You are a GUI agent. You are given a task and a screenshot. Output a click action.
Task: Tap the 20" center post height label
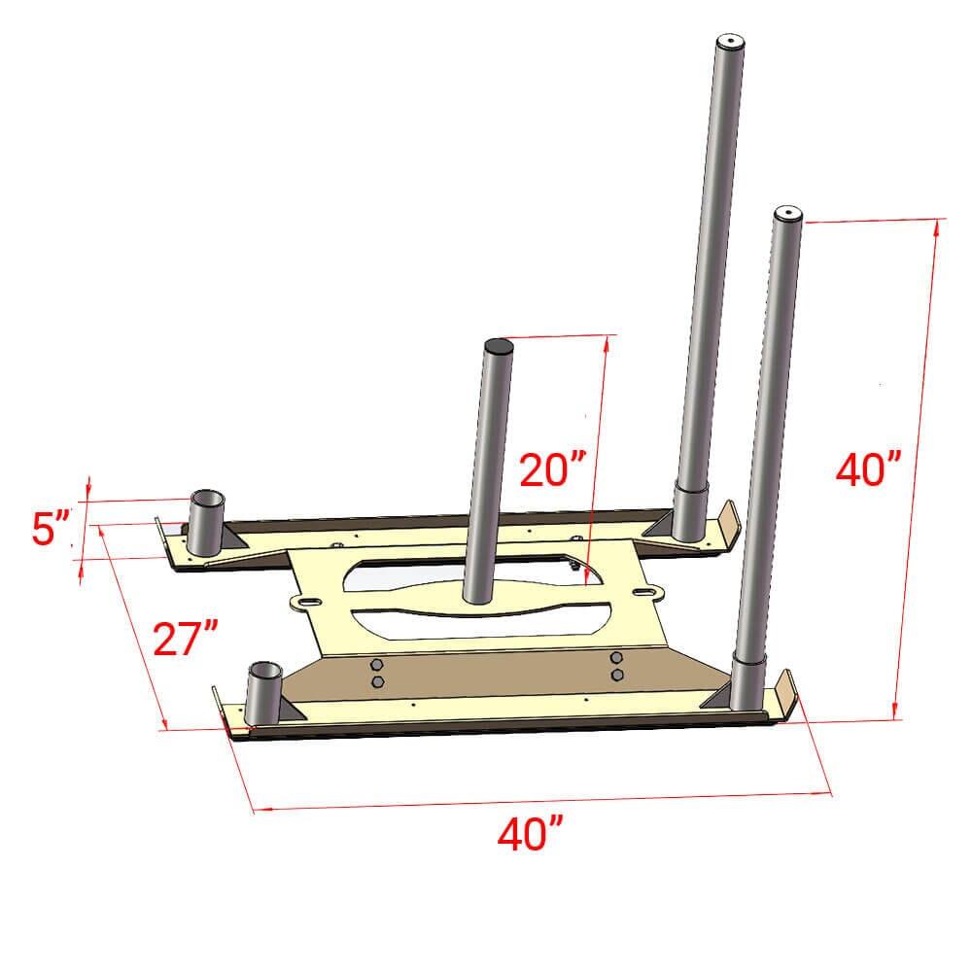(x=552, y=470)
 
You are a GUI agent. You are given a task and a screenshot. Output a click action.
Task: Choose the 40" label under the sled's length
(x=530, y=834)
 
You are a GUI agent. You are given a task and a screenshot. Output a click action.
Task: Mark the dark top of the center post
(x=499, y=344)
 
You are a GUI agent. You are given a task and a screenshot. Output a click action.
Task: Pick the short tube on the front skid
(x=264, y=692)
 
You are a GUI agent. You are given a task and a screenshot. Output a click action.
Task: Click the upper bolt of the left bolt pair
(x=376, y=666)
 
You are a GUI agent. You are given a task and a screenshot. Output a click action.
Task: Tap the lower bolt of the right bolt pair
(x=616, y=675)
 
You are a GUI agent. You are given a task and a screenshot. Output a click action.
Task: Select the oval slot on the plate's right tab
(x=645, y=590)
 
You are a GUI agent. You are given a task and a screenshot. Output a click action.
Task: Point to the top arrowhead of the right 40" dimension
(x=937, y=225)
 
